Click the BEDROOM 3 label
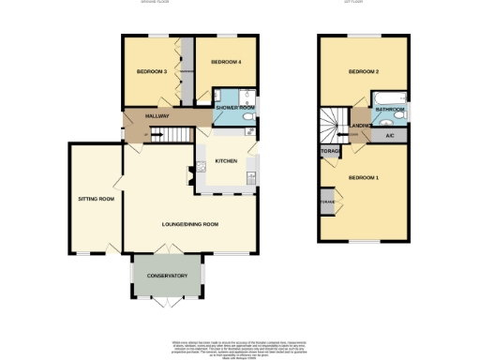(x=151, y=71)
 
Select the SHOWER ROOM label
(x=235, y=108)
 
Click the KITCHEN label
(x=227, y=160)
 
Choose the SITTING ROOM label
(x=95, y=199)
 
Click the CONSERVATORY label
(x=167, y=276)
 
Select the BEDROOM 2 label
(x=363, y=72)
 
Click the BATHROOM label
(x=390, y=110)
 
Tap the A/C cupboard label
(x=389, y=135)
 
